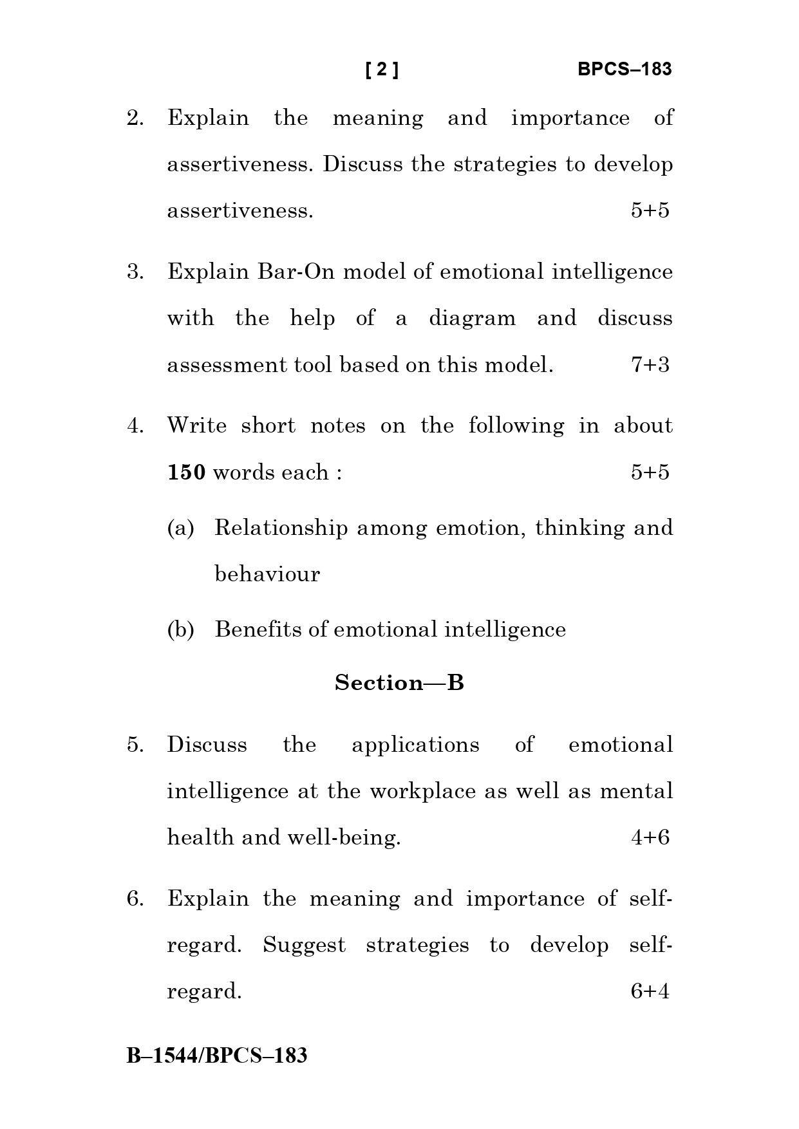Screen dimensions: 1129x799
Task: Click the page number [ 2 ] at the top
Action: coord(382,70)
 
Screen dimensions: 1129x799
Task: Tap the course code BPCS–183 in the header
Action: coord(624,70)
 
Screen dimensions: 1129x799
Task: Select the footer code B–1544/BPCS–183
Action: coord(217,1056)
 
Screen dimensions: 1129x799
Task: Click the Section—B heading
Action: coord(399,682)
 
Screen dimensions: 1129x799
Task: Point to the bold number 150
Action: coord(186,472)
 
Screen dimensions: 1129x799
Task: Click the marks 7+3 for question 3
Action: coord(650,365)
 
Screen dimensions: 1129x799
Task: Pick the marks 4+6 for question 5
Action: coord(650,837)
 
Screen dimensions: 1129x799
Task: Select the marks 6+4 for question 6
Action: coord(650,991)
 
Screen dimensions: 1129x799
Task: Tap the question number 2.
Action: coord(135,118)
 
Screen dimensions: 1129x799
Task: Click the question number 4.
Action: coord(135,426)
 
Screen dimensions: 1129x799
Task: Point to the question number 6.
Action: coord(135,899)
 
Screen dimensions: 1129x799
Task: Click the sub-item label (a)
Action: coord(180,528)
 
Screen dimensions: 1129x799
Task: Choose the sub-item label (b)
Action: coord(180,630)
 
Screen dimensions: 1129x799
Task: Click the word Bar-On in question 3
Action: coord(296,272)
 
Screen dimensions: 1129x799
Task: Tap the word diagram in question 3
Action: coord(472,319)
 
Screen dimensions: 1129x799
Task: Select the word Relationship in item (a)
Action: coord(281,528)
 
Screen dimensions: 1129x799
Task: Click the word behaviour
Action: coord(267,574)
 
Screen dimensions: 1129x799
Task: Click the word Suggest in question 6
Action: coord(304,946)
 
